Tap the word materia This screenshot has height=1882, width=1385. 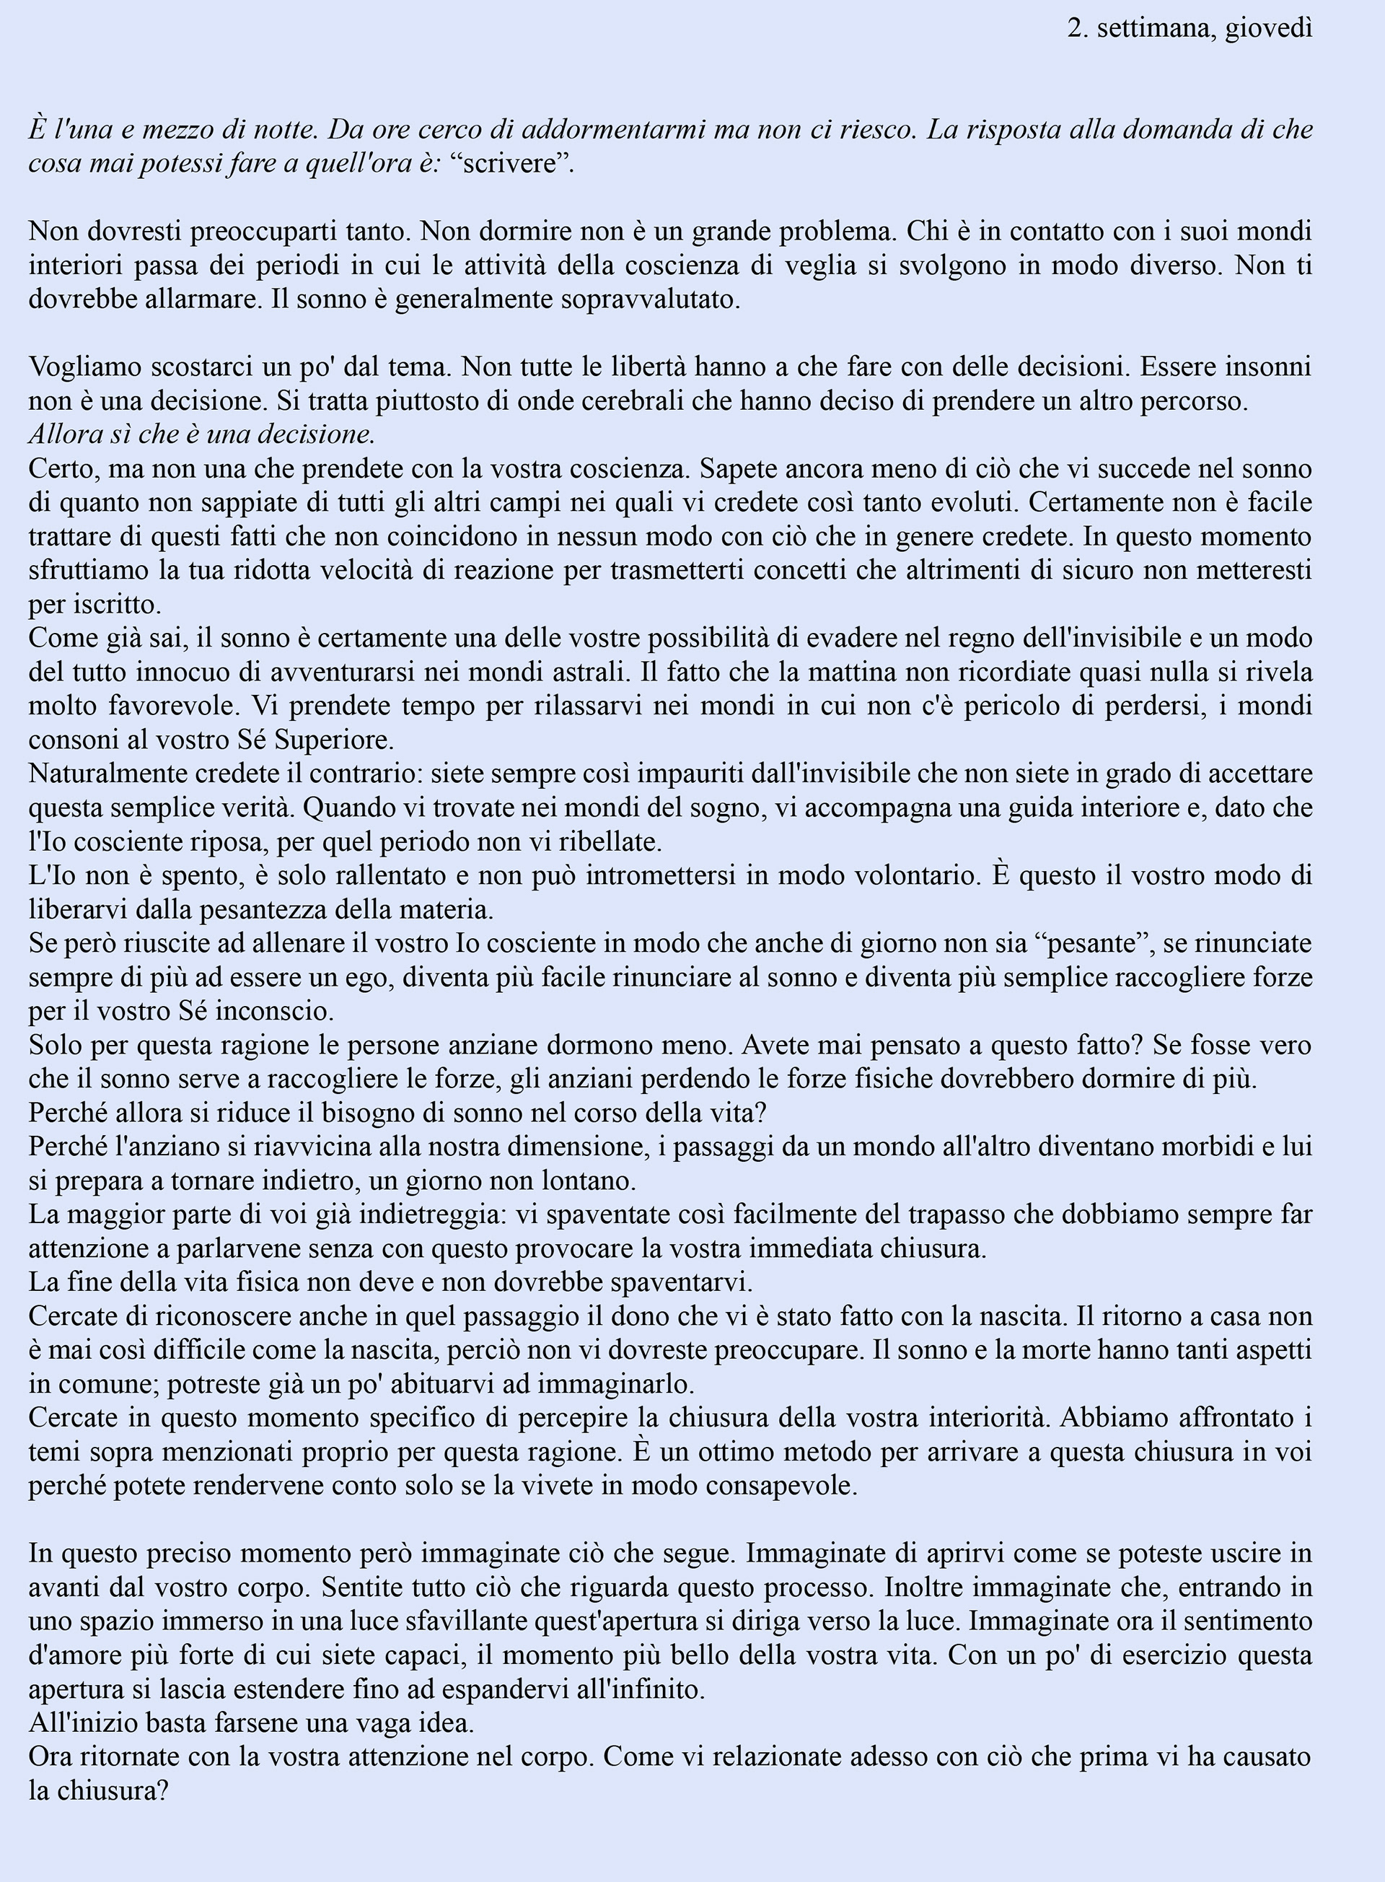(449, 909)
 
